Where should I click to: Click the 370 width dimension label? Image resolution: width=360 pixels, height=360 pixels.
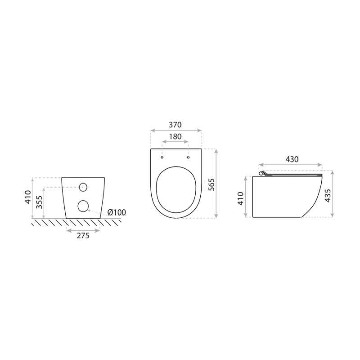175,125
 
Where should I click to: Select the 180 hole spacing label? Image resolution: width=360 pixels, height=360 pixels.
175,137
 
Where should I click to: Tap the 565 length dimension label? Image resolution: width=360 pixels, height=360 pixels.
211,184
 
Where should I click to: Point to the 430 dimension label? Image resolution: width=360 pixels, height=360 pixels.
292,159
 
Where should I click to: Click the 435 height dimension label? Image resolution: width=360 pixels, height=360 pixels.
328,195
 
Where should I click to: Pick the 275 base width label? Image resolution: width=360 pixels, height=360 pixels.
83,235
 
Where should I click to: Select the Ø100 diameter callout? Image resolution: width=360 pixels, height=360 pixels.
117,212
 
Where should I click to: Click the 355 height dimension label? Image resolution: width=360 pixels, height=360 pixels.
40,202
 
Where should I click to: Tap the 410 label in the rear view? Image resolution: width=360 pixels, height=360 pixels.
28,197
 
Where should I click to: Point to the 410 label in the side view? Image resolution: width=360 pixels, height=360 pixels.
240,198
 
